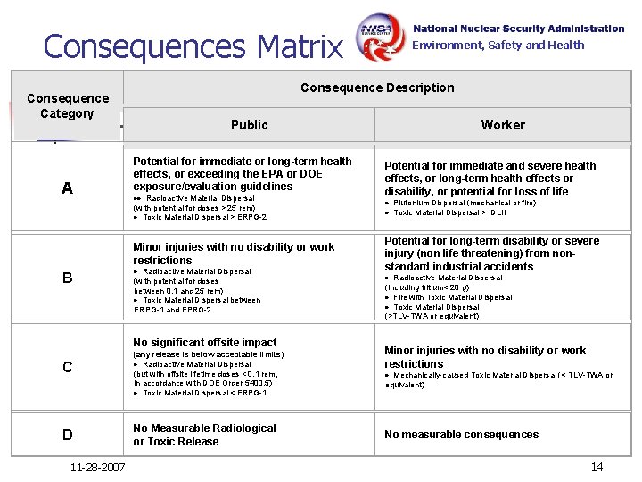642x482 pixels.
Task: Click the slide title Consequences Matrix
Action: (193, 46)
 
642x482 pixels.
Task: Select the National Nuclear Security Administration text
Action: (519, 29)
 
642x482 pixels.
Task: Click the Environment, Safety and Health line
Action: (498, 46)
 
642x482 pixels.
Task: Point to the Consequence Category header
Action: (68, 105)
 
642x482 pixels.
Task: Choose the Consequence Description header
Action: (377, 87)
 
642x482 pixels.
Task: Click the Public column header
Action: (249, 125)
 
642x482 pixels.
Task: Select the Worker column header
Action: (503, 125)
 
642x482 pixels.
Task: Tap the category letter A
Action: (68, 188)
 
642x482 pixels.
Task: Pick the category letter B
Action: (68, 278)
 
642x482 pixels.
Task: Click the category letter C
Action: (68, 367)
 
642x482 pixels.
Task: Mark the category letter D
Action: (68, 435)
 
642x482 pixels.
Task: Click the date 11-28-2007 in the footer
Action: (98, 468)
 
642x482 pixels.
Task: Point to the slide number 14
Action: (597, 467)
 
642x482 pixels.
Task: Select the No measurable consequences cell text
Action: (462, 435)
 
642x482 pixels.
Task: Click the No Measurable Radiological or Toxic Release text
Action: (205, 435)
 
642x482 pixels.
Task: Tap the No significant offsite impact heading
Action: (205, 343)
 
